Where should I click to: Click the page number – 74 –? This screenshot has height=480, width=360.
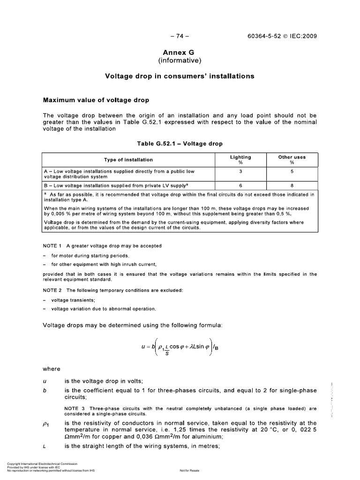tap(180, 36)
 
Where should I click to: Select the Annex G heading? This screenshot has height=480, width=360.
tap(180, 53)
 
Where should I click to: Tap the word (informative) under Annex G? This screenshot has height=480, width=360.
tap(180, 61)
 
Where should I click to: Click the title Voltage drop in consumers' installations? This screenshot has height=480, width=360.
tap(180, 76)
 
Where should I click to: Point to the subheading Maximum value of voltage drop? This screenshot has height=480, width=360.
tap(96, 100)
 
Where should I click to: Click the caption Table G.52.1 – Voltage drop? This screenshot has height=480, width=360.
tap(180, 143)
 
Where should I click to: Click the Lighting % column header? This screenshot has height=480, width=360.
tap(240, 160)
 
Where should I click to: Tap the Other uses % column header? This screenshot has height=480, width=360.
tap(292, 160)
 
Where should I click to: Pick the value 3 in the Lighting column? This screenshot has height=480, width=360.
tap(240, 172)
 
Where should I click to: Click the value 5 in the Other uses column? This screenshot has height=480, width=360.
tap(292, 172)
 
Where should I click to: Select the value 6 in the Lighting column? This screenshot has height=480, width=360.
tap(240, 185)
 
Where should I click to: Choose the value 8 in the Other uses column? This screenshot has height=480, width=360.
tap(292, 185)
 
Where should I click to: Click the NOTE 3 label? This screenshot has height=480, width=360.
tap(74, 408)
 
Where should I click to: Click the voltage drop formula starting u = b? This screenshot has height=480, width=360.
tap(180, 348)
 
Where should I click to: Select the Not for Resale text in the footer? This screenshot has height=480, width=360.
tap(189, 470)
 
